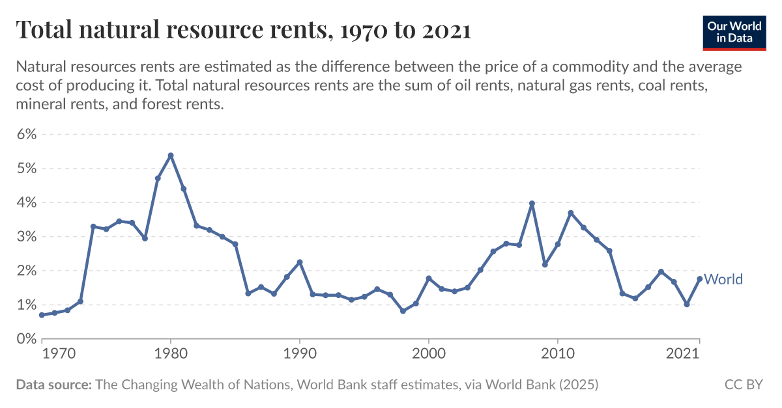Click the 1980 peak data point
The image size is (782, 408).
[x=171, y=156]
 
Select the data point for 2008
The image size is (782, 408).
[x=532, y=204]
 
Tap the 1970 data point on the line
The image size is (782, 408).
[x=42, y=315]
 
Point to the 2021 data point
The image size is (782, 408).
[x=699, y=279]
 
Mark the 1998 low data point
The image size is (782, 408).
[x=403, y=311]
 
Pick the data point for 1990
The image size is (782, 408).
[x=300, y=262]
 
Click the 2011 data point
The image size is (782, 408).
[x=570, y=213]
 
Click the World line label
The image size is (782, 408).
[x=723, y=279]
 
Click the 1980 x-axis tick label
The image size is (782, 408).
[x=171, y=353]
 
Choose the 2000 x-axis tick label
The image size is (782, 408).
[x=429, y=353]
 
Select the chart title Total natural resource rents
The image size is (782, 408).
[x=242, y=30]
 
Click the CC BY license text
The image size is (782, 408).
[x=743, y=385]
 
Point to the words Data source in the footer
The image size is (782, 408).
[x=53, y=385]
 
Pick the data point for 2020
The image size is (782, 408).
[x=686, y=305]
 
